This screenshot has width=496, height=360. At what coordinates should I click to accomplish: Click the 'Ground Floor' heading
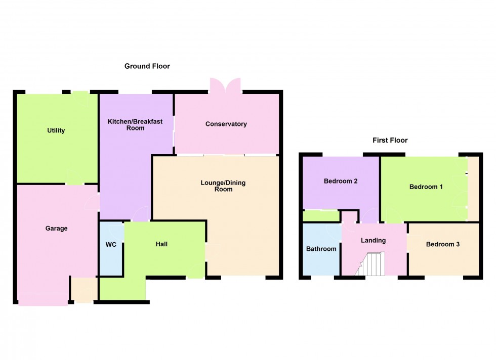coord(147,66)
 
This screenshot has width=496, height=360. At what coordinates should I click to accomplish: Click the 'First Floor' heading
coord(390,141)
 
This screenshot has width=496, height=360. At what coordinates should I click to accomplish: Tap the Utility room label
coord(56,130)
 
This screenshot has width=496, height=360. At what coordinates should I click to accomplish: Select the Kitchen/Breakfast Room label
coord(126,125)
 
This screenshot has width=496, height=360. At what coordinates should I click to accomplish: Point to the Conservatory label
coord(226,124)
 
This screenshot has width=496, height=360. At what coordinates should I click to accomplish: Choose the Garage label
coord(57,229)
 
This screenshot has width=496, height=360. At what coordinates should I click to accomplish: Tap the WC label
coord(111,245)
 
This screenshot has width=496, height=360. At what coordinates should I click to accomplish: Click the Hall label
coord(161,244)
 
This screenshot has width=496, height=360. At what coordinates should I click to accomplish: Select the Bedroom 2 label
coord(341,181)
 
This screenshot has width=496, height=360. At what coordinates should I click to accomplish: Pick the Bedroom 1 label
coord(426,187)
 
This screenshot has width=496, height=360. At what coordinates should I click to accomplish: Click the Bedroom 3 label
coord(443,244)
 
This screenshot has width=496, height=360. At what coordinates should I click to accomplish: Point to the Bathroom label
coord(321,249)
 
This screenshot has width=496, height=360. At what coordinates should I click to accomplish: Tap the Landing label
coord(373,241)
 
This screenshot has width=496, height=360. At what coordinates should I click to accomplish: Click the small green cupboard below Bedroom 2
coord(321,216)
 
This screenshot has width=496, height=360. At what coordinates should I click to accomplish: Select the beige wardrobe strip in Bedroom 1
coord(473,188)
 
